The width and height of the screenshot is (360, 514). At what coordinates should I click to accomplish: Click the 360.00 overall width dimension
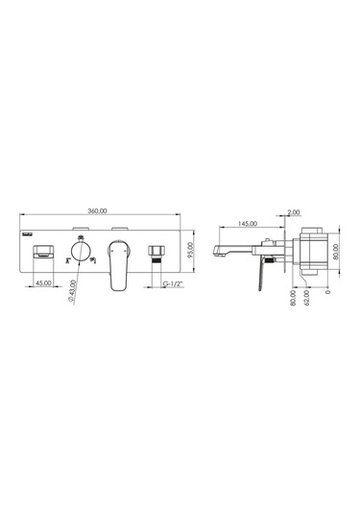point(97,210)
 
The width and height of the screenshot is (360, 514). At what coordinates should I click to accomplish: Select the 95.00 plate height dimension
point(191,251)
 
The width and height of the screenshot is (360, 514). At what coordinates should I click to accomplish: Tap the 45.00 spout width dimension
point(43,282)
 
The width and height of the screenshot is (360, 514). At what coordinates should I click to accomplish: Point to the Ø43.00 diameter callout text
point(72,291)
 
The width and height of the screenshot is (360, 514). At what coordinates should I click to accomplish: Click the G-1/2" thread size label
point(173,283)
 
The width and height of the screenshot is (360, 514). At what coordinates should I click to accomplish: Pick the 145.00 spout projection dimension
point(248,224)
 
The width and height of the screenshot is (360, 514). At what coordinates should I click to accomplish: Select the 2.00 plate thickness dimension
point(294,212)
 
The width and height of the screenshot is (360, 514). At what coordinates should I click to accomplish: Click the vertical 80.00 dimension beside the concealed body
point(336,252)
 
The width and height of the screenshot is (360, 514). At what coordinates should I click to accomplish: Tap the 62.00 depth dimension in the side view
point(307,298)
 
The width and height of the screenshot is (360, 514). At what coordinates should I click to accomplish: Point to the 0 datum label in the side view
point(328,291)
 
